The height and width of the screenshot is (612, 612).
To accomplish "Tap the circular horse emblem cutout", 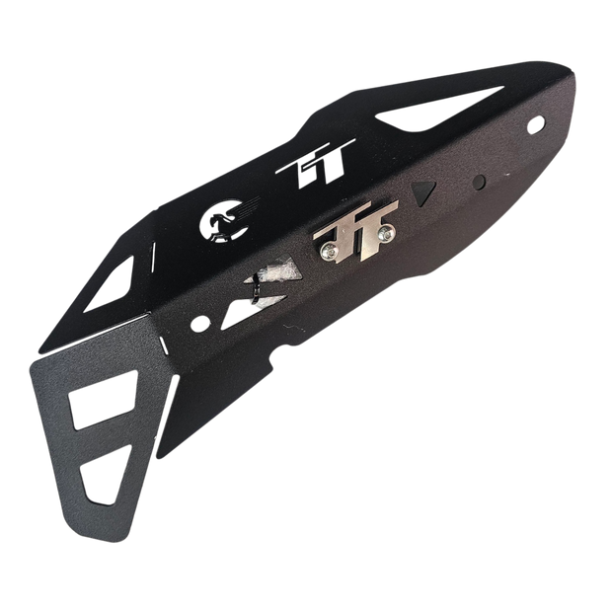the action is (222, 222).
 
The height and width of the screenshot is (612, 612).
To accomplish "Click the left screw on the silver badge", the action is (328, 253).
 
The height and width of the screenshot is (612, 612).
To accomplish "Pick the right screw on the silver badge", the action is (386, 233).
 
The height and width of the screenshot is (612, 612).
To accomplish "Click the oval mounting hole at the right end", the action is (535, 124).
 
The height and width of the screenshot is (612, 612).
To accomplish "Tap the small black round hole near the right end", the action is (479, 181).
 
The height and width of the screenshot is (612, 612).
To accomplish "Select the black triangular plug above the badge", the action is (423, 192).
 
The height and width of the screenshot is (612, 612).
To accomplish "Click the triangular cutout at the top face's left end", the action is (111, 285).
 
